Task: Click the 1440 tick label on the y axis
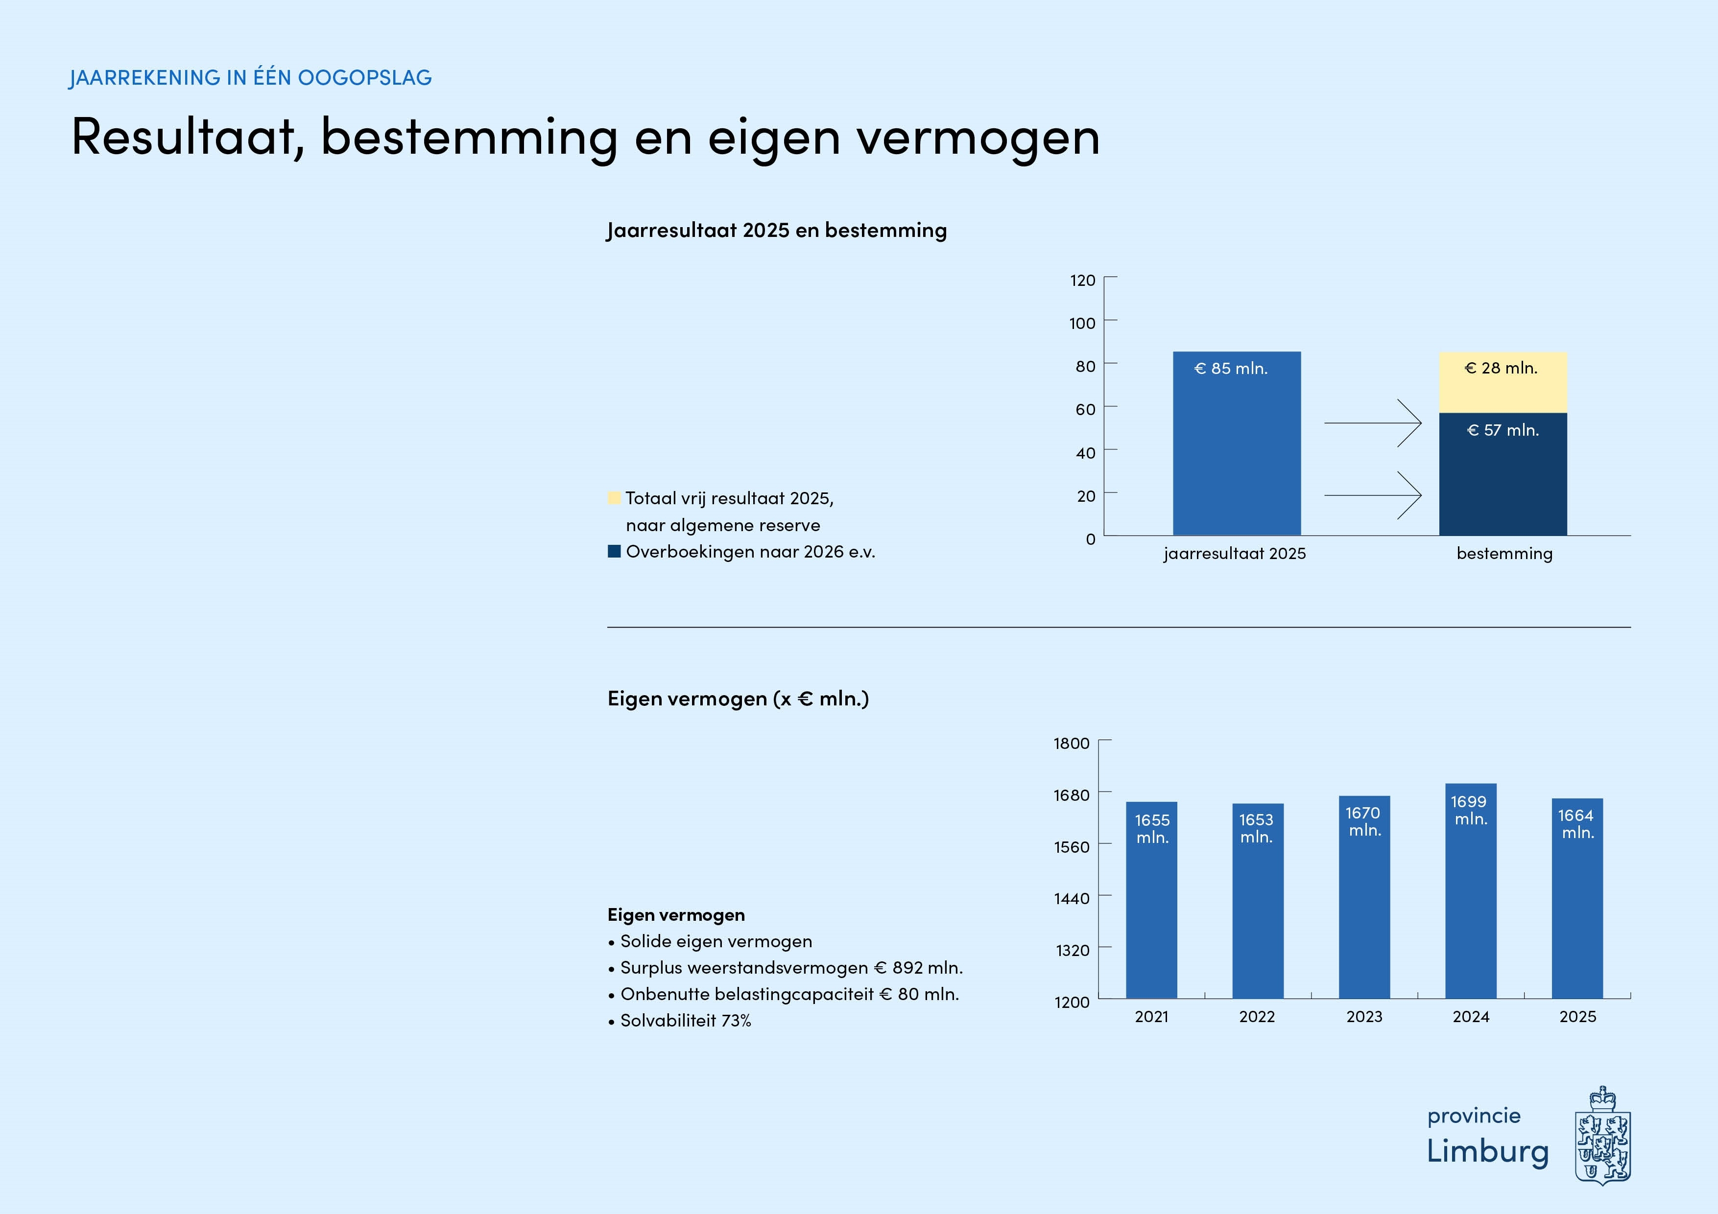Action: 1072,898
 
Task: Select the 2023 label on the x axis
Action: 1364,1017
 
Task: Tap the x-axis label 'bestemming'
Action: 1504,554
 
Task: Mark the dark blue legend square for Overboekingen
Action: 614,551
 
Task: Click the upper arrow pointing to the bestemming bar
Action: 1373,423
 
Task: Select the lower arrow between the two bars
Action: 1373,495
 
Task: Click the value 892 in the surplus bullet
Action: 907,968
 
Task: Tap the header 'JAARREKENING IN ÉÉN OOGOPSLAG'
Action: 251,78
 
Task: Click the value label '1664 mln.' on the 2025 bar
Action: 1576,823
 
